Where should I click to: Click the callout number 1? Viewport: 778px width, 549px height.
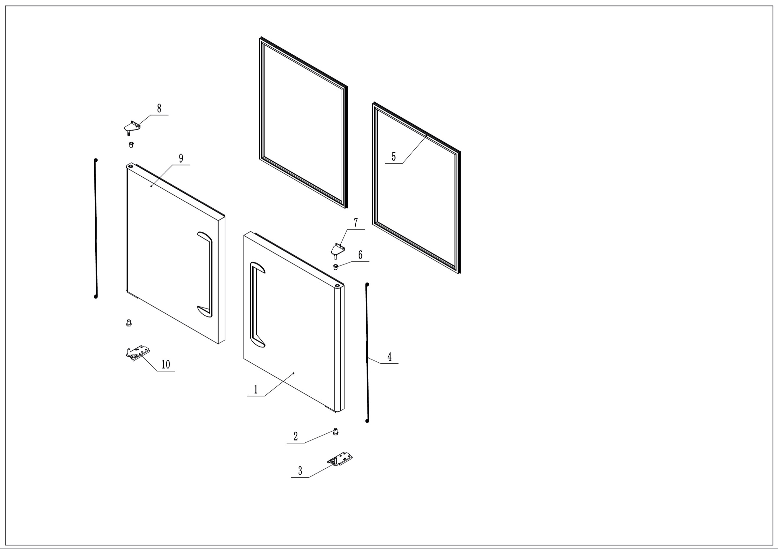[256, 390]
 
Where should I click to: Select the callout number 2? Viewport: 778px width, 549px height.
[295, 436]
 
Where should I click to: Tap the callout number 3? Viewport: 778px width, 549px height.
[300, 471]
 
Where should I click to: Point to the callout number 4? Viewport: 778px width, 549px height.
[389, 356]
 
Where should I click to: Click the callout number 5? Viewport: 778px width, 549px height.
[394, 157]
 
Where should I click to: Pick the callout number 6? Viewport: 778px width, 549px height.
[360, 255]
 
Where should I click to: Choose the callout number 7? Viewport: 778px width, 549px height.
[356, 223]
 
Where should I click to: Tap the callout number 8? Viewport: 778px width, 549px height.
[159, 108]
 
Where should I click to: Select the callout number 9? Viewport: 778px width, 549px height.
[181, 158]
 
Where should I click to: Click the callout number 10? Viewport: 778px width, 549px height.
[166, 364]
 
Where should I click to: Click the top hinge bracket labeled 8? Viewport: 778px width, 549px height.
[132, 128]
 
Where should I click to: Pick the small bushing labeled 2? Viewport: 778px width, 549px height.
[336, 432]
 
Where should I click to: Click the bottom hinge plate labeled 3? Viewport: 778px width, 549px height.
[340, 459]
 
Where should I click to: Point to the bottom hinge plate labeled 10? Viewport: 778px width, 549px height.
[137, 353]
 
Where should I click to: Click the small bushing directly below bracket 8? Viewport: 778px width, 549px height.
[131, 145]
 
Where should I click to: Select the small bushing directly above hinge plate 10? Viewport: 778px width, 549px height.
[128, 323]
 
